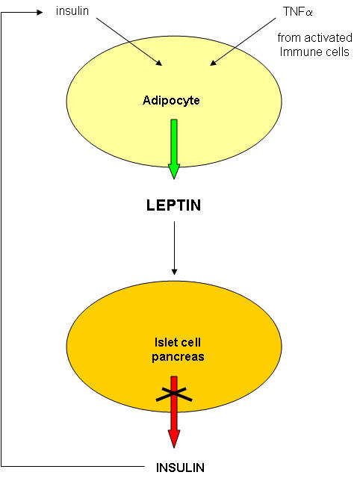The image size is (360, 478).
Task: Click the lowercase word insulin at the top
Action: pyautogui.click(x=72, y=11)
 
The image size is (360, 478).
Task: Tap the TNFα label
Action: pyautogui.click(x=298, y=12)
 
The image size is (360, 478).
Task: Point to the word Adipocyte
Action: pyautogui.click(x=171, y=101)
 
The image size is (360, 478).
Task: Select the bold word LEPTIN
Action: pyautogui.click(x=174, y=205)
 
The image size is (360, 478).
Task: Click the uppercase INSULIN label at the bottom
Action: pyautogui.click(x=180, y=468)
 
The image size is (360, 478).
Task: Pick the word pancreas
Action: pyautogui.click(x=178, y=357)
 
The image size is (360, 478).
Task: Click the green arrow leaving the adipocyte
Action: pyautogui.click(x=174, y=149)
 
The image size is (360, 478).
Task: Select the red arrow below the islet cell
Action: pyautogui.click(x=174, y=412)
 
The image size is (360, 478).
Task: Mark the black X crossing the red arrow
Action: pyautogui.click(x=174, y=394)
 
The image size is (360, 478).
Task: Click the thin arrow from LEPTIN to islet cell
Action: pyautogui.click(x=174, y=248)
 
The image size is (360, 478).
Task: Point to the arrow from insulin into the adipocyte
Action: pyautogui.click(x=129, y=42)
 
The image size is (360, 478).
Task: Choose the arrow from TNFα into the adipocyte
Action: pyautogui.click(x=243, y=42)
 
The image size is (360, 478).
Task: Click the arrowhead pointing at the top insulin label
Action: pyautogui.click(x=40, y=13)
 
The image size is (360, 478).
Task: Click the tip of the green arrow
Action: pyautogui.click(x=174, y=179)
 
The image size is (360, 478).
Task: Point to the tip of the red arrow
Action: pyautogui.click(x=174, y=448)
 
